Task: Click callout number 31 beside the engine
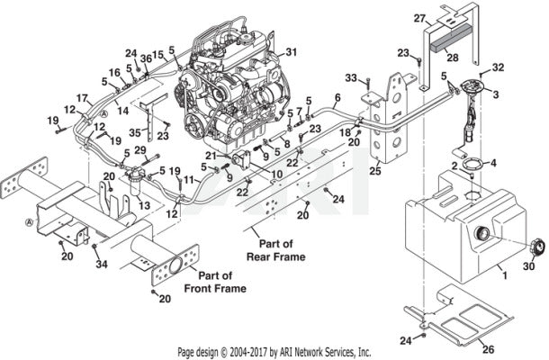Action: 291,51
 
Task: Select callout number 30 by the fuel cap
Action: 528,265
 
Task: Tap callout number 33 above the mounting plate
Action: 352,78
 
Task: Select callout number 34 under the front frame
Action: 100,265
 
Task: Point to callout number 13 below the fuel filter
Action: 145,205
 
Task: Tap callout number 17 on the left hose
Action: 81,97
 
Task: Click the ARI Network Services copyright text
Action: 274,352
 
